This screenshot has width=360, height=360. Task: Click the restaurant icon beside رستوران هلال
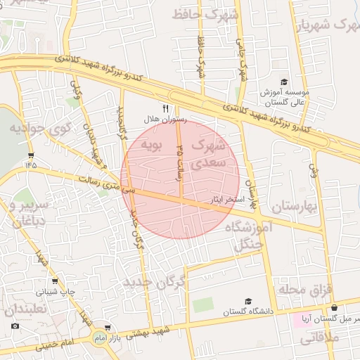[x=167, y=109]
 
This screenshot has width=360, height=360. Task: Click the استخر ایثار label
[x=228, y=200]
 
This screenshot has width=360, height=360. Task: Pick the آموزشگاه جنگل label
[x=248, y=236]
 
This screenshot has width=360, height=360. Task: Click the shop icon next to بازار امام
[x=107, y=328]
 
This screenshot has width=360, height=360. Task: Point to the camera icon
[x=15, y=326]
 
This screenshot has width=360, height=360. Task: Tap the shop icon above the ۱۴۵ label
[x=30, y=153]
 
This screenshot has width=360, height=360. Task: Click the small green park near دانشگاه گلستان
[x=203, y=304]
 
